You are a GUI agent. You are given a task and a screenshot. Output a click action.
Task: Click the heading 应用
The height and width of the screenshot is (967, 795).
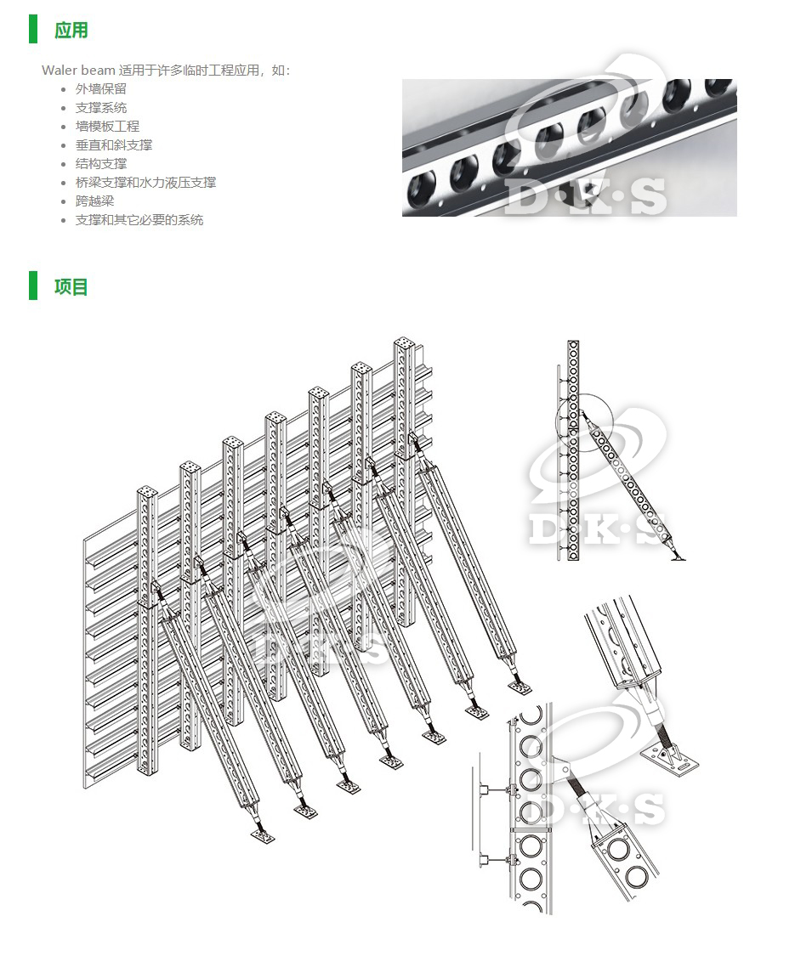(71, 31)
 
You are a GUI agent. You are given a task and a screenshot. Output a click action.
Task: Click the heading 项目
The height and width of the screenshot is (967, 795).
(71, 286)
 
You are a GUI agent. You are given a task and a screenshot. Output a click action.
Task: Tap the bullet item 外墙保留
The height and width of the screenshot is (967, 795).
(100, 88)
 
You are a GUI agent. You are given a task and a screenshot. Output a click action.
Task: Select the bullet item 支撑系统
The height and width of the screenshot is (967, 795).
(100, 107)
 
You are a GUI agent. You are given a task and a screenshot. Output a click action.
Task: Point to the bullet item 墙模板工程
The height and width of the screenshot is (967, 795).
(107, 126)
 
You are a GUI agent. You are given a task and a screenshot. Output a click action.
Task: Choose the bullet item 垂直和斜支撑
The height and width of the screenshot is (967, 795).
(113, 144)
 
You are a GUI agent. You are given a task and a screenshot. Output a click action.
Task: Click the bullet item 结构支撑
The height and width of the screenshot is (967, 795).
(100, 163)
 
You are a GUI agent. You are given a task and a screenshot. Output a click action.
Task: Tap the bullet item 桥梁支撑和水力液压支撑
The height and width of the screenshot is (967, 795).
(145, 182)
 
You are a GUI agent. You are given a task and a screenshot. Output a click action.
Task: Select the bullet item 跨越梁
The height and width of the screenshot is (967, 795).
(94, 201)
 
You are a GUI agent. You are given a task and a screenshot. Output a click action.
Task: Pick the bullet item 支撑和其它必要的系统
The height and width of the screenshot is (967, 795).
(139, 219)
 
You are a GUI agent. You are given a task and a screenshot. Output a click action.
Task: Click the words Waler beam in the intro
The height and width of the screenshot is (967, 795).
(78, 70)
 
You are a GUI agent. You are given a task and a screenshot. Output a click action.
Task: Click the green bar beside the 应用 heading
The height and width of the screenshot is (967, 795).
(33, 29)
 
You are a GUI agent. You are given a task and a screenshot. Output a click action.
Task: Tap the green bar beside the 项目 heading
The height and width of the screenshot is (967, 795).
(33, 286)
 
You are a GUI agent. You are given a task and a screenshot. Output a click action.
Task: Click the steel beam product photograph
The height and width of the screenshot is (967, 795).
(569, 147)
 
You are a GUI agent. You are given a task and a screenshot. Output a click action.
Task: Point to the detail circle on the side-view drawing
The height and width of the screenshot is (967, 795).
(578, 418)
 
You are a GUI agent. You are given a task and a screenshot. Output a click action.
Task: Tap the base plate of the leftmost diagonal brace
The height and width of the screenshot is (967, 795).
(263, 837)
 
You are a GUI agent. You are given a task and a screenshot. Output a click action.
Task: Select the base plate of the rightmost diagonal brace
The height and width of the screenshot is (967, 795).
(519, 687)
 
